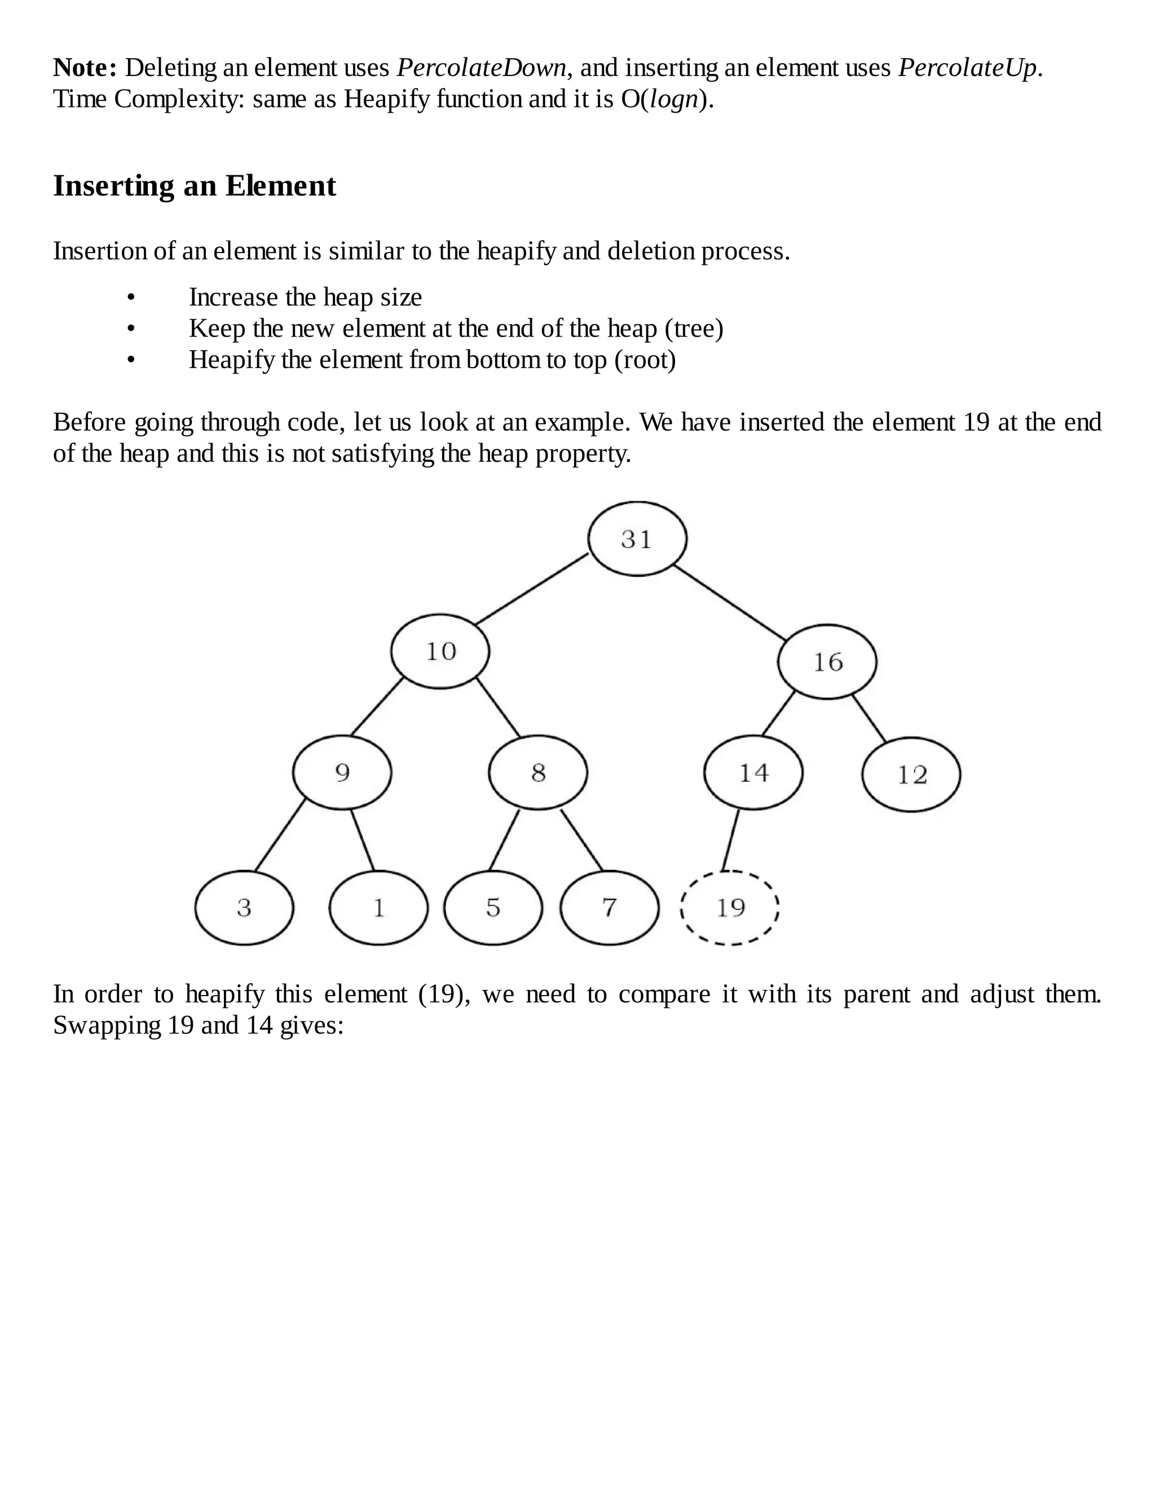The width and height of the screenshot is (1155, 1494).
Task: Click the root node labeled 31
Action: point(637,539)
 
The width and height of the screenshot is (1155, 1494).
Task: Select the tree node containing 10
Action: point(440,651)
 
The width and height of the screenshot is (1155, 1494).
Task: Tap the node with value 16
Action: point(827,661)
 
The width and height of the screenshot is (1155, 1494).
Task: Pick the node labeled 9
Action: point(342,772)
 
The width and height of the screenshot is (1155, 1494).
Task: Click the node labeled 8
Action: point(538,772)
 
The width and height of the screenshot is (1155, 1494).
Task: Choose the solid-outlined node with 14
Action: point(753,772)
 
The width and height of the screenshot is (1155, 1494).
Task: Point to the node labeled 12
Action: point(911,775)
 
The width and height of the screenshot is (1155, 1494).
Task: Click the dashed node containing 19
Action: point(730,908)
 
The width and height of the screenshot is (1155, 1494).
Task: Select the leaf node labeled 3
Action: point(244,908)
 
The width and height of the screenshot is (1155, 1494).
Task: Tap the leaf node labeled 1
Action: point(378,908)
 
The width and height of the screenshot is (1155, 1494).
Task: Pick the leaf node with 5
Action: point(493,908)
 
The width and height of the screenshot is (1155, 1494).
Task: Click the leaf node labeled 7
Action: point(609,908)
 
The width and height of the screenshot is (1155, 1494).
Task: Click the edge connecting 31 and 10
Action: point(532,589)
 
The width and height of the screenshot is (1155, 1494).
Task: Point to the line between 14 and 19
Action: point(731,840)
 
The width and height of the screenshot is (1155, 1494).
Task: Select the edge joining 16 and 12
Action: point(869,718)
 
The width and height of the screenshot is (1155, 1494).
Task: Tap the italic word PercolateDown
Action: point(482,68)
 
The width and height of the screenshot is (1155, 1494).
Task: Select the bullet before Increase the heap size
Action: point(131,298)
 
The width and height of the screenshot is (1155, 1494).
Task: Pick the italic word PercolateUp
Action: point(968,68)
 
